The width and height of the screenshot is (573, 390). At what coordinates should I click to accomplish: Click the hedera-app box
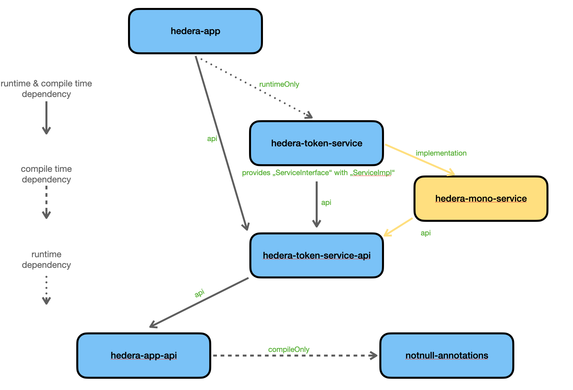(x=195, y=31)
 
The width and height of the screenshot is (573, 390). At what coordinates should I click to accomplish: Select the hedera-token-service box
(x=316, y=143)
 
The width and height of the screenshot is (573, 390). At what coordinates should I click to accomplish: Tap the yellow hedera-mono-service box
(x=480, y=198)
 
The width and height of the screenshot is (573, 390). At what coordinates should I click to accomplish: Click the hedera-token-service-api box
(x=316, y=255)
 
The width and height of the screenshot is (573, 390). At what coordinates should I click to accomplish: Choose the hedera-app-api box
(x=144, y=355)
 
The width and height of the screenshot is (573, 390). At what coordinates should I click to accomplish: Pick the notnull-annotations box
(x=446, y=355)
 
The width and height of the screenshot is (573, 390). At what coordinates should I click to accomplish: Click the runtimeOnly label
(x=279, y=84)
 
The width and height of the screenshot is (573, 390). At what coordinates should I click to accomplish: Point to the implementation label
(x=441, y=153)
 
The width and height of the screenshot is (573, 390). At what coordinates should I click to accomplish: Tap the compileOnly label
(x=288, y=349)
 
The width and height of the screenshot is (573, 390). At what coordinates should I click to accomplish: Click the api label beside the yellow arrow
(x=425, y=233)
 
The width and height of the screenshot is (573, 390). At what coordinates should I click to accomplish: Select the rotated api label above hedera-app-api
(x=199, y=293)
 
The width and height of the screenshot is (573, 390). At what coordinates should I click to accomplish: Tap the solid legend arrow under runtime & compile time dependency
(x=46, y=118)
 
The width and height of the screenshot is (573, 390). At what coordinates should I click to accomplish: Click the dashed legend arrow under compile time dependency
(x=46, y=202)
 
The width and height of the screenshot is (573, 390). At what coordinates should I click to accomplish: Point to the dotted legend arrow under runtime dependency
(x=46, y=290)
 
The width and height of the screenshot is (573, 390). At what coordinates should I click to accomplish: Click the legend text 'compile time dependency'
(x=46, y=174)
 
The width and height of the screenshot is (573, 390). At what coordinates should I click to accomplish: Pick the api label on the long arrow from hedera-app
(x=212, y=139)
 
